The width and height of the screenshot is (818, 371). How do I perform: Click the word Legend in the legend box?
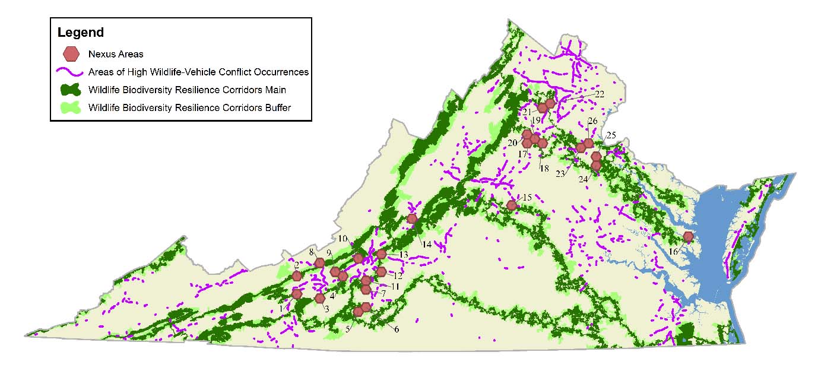[80, 33]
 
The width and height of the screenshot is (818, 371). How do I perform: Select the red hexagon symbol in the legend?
[71, 54]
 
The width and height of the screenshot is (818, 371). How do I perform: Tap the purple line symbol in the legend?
[71, 72]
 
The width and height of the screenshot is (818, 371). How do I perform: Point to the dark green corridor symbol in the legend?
[71, 90]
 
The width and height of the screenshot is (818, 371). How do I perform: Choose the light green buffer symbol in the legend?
[71, 108]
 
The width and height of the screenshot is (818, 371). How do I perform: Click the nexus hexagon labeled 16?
[688, 236]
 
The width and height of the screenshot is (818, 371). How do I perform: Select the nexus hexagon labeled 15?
[512, 205]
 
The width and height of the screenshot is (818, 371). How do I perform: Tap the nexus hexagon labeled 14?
[412, 218]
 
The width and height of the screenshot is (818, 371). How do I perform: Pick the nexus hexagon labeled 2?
[297, 276]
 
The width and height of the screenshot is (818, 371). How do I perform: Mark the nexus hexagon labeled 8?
[319, 263]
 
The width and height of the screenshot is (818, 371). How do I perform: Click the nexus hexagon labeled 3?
[319, 298]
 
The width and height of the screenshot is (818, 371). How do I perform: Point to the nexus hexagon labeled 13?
[381, 254]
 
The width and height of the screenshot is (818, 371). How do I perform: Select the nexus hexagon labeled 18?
[542, 142]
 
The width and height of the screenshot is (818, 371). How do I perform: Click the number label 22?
[599, 94]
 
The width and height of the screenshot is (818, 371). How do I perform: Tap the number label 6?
[396, 329]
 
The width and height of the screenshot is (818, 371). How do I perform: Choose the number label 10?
[343, 239]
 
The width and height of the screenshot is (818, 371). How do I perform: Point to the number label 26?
[592, 121]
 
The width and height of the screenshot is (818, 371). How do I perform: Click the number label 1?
[281, 308]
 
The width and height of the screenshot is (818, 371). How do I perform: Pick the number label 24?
[584, 179]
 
